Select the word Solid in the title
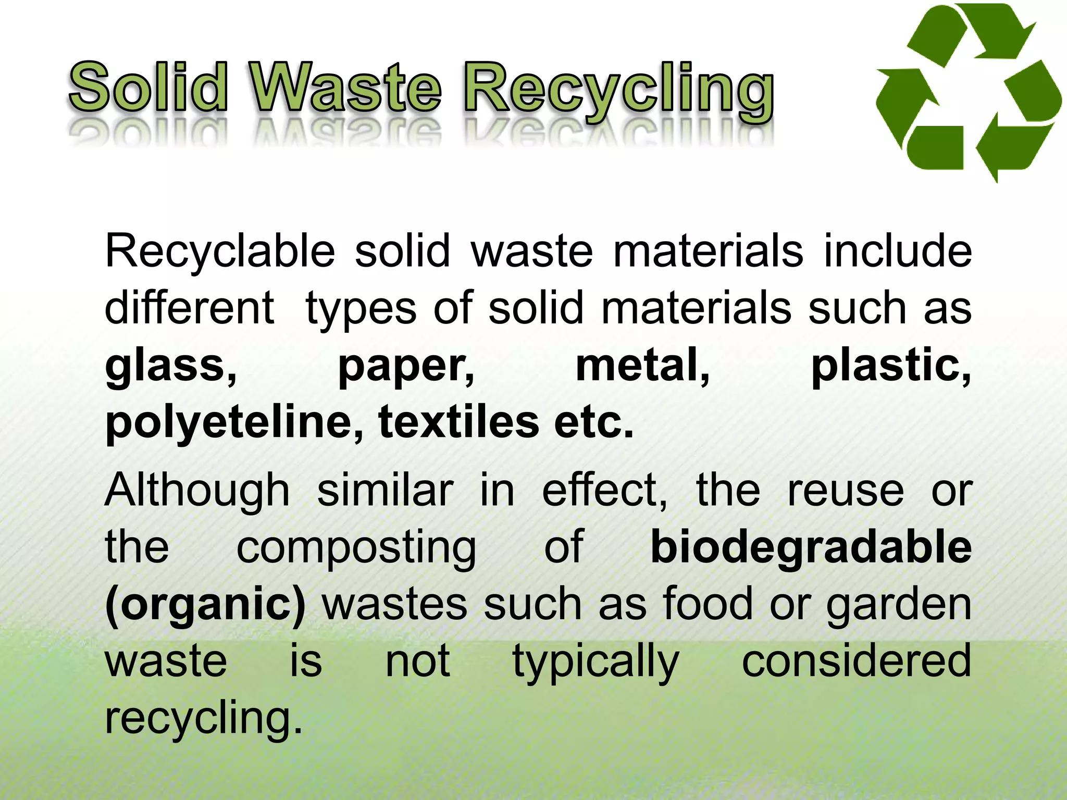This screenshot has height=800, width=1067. pyautogui.click(x=148, y=87)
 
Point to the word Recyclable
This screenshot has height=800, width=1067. pyautogui.click(x=219, y=251)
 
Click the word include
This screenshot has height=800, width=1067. pyautogui.click(x=897, y=251)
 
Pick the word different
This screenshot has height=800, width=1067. pyautogui.click(x=189, y=308)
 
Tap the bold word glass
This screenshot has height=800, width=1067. pyautogui.click(x=171, y=366)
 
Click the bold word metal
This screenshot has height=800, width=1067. pyautogui.click(x=642, y=366)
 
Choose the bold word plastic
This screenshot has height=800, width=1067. pyautogui.click(x=891, y=366)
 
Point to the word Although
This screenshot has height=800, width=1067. pyautogui.click(x=197, y=491)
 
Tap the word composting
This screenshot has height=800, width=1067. pyautogui.click(x=356, y=548)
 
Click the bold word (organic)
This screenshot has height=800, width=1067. pyautogui.click(x=205, y=605)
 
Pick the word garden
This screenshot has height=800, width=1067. pyautogui.click(x=899, y=605)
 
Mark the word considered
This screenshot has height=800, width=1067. pyautogui.click(x=857, y=661)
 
